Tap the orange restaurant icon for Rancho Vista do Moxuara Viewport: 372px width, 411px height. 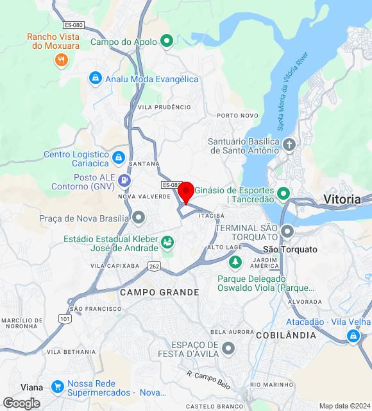[62, 60]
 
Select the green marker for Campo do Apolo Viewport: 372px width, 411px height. [167, 42]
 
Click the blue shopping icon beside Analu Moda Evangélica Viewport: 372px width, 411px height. [95, 78]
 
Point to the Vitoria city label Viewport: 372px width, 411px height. [342, 199]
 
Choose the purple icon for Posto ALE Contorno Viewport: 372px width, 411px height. [124, 181]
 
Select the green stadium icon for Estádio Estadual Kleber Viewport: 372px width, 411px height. [167, 242]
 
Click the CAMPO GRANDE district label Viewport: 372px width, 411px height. [159, 292]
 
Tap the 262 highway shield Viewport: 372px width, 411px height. [153, 265]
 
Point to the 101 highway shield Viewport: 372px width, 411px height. [64, 319]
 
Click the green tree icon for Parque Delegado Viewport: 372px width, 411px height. [235, 263]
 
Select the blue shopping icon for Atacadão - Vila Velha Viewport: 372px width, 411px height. [353, 336]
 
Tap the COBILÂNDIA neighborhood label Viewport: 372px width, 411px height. [285, 335]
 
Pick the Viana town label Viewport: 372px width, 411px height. [32, 387]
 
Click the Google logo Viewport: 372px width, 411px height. [21, 403]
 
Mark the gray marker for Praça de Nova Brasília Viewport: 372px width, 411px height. [139, 218]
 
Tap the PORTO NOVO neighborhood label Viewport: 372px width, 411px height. [237, 116]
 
